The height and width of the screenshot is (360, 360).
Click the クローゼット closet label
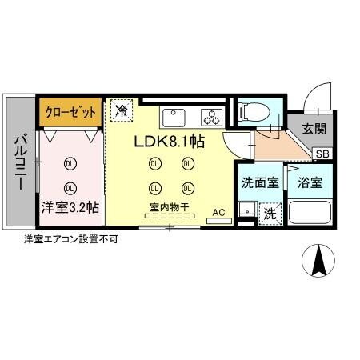click(70, 112)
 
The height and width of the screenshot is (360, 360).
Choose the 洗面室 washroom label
click(259, 182)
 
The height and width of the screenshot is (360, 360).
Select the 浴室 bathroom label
click(310, 182)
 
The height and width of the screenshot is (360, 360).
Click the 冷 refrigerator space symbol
click(122, 112)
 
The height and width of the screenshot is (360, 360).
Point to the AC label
click(218, 213)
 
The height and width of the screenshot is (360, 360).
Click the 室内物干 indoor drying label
click(169, 207)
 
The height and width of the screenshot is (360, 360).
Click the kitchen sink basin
click(174, 118)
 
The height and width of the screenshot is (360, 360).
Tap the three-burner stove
click(211, 118)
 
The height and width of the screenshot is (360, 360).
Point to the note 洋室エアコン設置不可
click(71, 239)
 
